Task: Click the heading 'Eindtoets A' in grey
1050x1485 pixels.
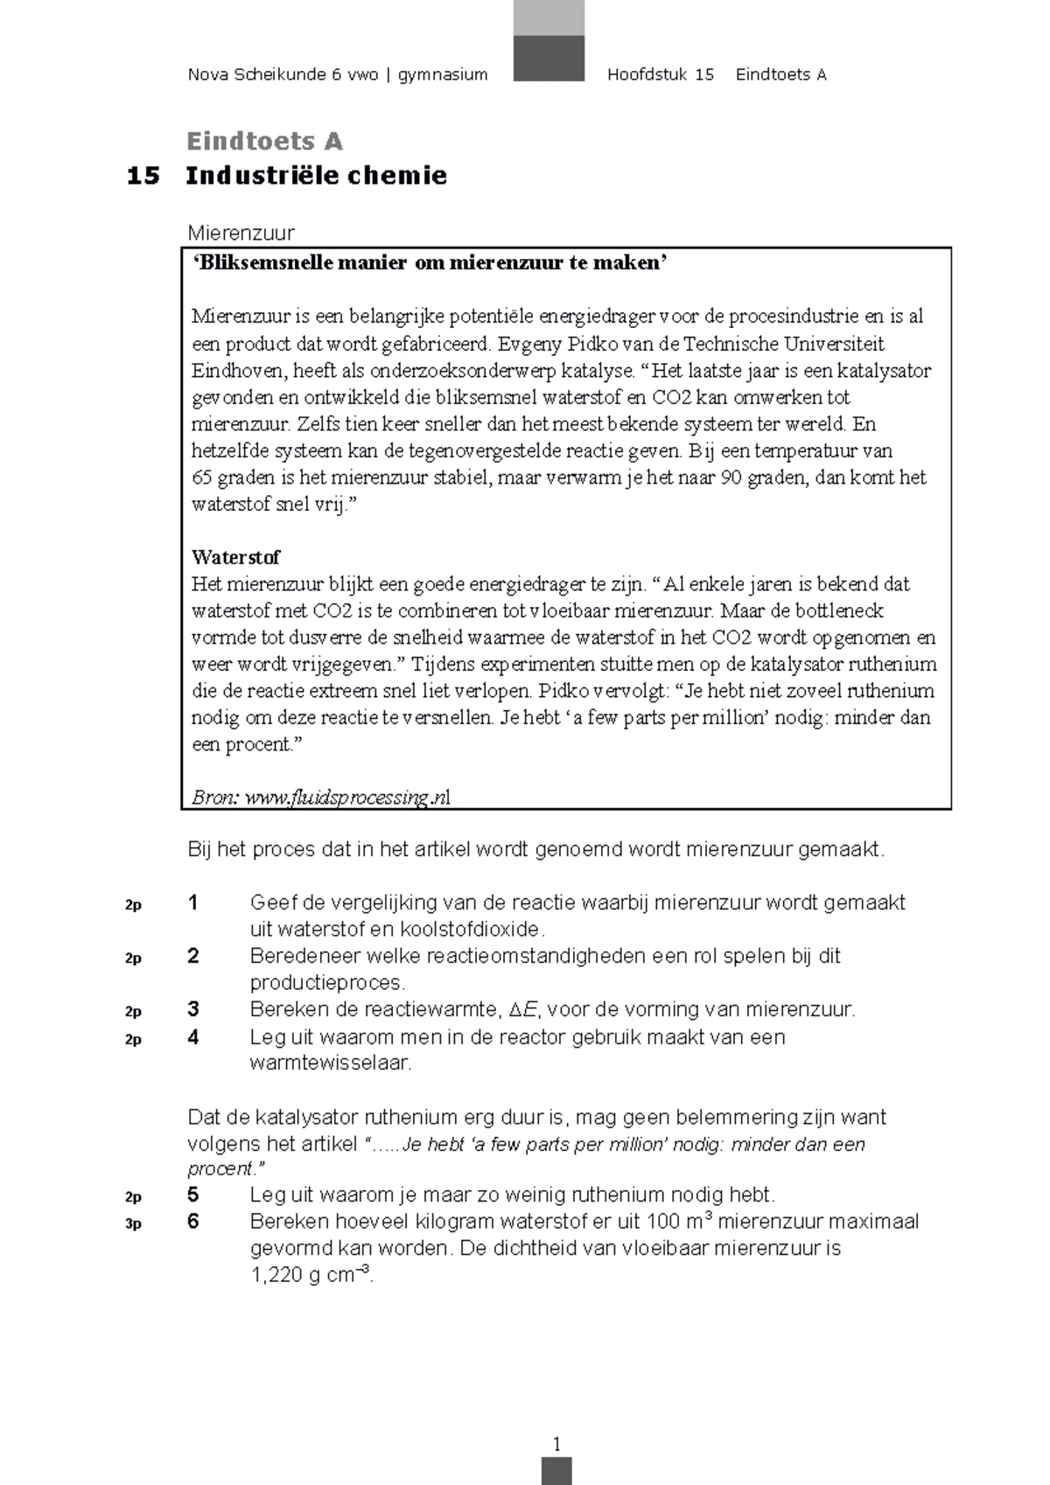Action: click(x=264, y=141)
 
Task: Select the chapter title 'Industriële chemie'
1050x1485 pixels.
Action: click(x=316, y=176)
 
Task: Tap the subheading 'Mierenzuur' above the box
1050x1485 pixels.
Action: click(x=241, y=233)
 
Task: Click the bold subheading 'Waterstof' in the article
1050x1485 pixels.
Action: click(x=235, y=557)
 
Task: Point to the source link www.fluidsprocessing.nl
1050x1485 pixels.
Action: click(x=347, y=797)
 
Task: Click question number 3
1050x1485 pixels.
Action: click(x=193, y=1009)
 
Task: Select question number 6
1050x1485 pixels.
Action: click(x=193, y=1222)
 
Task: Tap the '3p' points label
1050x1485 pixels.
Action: click(x=133, y=1224)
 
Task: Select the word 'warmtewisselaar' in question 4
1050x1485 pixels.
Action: click(x=330, y=1063)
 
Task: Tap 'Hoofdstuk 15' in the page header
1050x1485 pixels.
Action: click(x=661, y=75)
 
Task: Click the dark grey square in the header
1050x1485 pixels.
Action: click(x=549, y=58)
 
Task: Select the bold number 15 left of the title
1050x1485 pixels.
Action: click(x=143, y=176)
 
